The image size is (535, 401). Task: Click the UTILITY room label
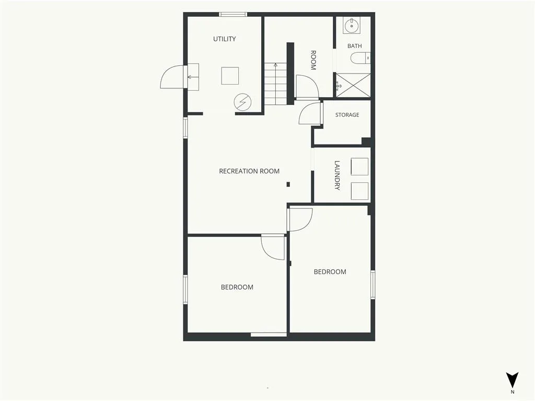(x=225, y=39)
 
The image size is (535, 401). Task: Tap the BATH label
(x=355, y=46)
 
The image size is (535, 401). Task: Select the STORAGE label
(x=347, y=115)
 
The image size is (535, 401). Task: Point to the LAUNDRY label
(x=337, y=175)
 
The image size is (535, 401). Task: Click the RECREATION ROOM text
(x=249, y=171)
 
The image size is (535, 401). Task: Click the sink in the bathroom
(x=352, y=25)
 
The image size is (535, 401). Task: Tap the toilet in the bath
(x=360, y=58)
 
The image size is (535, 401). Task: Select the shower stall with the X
(x=353, y=85)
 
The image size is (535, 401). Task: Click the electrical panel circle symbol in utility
(x=242, y=102)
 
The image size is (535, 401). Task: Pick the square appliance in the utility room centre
(x=230, y=76)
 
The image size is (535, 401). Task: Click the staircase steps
(x=276, y=84)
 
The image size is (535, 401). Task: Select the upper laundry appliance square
(x=359, y=167)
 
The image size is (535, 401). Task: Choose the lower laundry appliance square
(x=359, y=191)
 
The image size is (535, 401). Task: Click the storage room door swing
(x=310, y=113)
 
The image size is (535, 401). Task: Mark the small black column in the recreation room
(x=288, y=184)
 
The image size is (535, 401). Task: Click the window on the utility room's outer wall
(x=232, y=14)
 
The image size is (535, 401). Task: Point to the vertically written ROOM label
(x=313, y=60)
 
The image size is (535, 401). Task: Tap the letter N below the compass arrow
(x=512, y=392)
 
